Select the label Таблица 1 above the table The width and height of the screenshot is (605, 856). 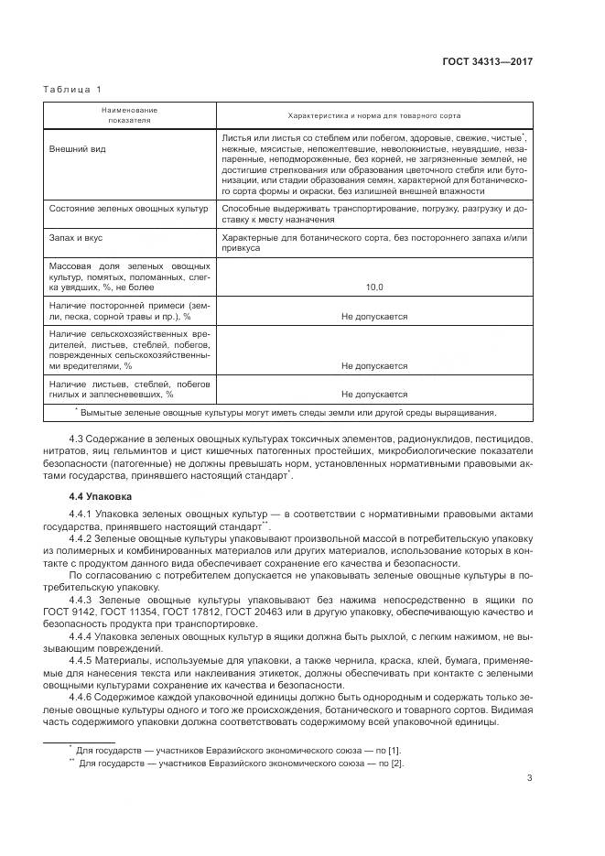pos(72,89)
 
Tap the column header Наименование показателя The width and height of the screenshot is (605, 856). pos(130,114)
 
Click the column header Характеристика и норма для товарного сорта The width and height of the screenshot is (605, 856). pos(373,115)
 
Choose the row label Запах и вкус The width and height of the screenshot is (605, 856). pos(78,238)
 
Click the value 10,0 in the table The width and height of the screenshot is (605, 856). pos(374,287)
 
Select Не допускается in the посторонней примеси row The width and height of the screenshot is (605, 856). pos(374,316)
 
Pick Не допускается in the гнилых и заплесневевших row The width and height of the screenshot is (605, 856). pos(374,395)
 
